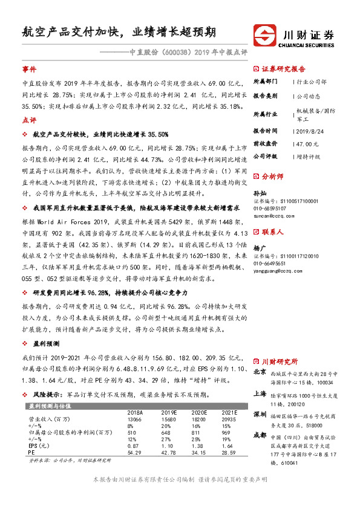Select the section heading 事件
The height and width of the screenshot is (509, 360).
(x=29, y=70)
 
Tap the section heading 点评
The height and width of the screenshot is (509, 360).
(x=29, y=120)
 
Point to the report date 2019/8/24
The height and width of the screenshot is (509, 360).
(x=311, y=130)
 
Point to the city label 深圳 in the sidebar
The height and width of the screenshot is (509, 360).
(x=260, y=415)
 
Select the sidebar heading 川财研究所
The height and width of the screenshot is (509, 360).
(x=278, y=361)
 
